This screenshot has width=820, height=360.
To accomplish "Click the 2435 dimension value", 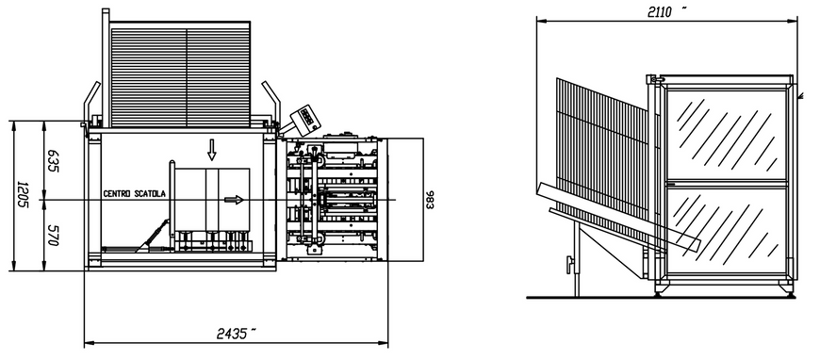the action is tap(233, 334).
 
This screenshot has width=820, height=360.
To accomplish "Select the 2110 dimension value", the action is tap(660, 12).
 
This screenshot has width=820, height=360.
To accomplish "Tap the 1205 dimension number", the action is tap(22, 195).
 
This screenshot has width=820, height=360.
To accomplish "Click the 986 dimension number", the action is tap(430, 200).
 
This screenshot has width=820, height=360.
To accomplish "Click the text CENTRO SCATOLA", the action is tap(135, 193).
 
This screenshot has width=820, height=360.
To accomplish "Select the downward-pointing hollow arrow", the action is tap(211, 150).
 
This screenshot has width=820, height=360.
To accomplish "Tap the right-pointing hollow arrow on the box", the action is tap(234, 200).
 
